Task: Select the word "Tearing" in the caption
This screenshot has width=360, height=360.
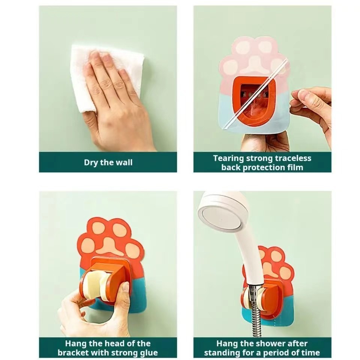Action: pos(228,158)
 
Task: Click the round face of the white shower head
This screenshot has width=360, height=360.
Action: pos(222,218)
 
